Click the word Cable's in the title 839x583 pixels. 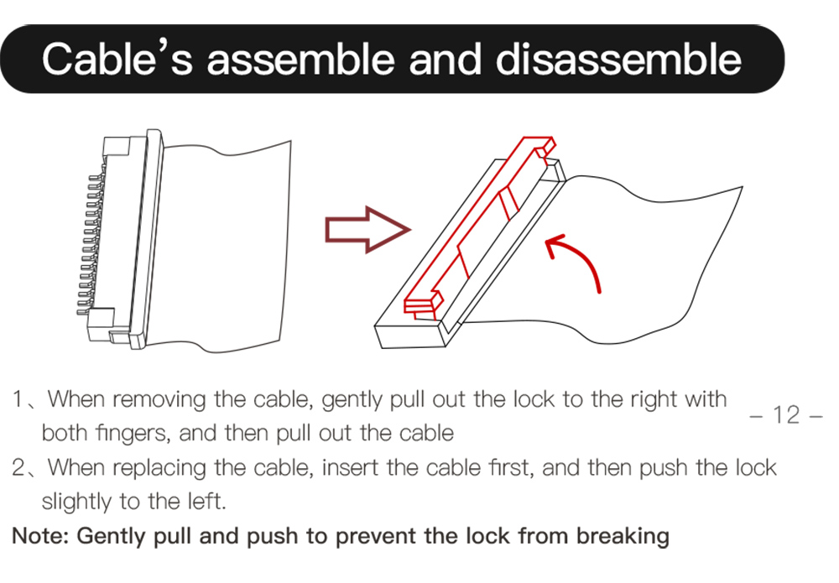pyautogui.click(x=117, y=58)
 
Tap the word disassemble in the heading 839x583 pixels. pyautogui.click(x=618, y=58)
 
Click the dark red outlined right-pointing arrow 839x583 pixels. pyautogui.click(x=368, y=230)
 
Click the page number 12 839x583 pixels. pyautogui.click(x=787, y=414)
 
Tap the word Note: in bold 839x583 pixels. pyautogui.click(x=40, y=535)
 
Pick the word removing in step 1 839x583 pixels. pyautogui.click(x=159, y=399)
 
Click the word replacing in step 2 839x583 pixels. pyautogui.click(x=159, y=467)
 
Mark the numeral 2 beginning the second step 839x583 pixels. pyautogui.click(x=18, y=467)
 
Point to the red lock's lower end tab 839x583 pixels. pyautogui.click(x=423, y=304)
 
